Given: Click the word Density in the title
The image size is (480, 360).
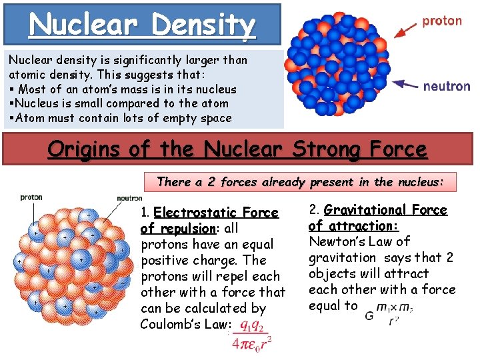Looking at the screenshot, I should point(203,25).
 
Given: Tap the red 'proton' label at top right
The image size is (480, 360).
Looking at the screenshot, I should point(442,21).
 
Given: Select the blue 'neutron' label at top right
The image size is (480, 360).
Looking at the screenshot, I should point(447,86).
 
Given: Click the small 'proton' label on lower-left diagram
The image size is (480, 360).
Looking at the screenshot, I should point(31,197).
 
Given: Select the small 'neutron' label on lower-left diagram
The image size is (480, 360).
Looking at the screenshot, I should point(129,198).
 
